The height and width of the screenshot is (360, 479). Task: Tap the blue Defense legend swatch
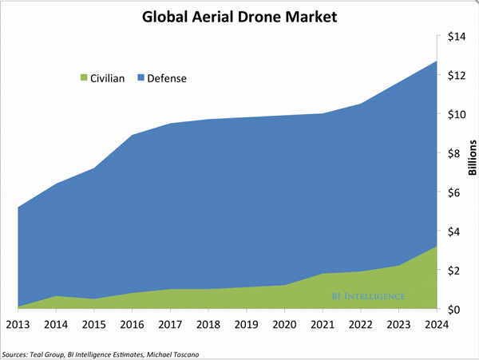click(x=141, y=78)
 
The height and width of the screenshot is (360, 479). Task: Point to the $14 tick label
click(x=456, y=36)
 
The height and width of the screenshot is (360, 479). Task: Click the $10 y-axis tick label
click(x=456, y=114)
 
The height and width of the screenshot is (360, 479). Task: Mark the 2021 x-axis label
click(x=321, y=326)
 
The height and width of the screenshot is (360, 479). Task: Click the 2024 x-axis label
click(x=435, y=326)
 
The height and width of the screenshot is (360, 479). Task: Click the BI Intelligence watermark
click(x=369, y=296)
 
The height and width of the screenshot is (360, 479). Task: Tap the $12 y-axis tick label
click(x=456, y=75)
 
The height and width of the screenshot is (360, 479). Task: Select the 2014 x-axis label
click(x=54, y=326)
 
